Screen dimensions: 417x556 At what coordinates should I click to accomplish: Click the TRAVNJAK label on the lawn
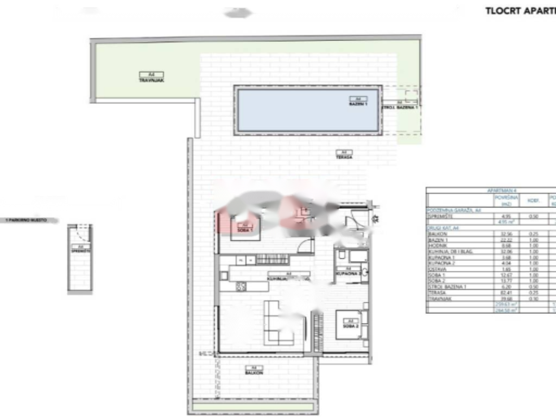(144, 80)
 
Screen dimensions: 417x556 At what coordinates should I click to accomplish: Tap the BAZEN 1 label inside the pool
(358, 103)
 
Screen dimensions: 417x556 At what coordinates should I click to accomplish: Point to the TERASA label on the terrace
(344, 157)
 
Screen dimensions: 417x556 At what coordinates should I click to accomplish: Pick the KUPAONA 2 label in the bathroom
(349, 274)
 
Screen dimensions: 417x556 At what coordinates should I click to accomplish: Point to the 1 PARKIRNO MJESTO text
(24, 220)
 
